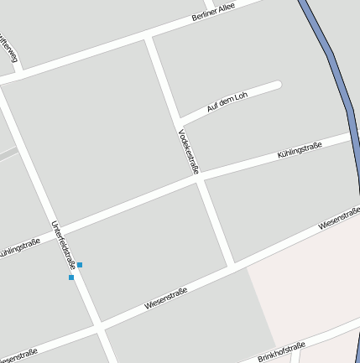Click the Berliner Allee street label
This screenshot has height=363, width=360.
point(214,11)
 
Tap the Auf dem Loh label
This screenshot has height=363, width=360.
point(227,102)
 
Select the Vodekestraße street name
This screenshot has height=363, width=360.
point(189,152)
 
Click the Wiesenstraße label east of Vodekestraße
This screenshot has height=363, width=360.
point(339,219)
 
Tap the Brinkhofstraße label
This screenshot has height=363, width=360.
point(282,351)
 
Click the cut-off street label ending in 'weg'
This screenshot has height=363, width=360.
point(9,49)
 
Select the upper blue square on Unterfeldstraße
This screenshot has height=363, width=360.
point(80,265)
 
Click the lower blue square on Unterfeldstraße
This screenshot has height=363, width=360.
point(71,277)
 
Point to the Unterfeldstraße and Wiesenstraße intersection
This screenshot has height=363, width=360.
point(99,325)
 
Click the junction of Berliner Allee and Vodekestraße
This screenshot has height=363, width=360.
point(150,39)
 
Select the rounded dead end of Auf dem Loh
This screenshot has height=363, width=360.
point(276,85)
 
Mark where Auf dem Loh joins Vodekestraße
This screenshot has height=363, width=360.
point(180,117)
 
